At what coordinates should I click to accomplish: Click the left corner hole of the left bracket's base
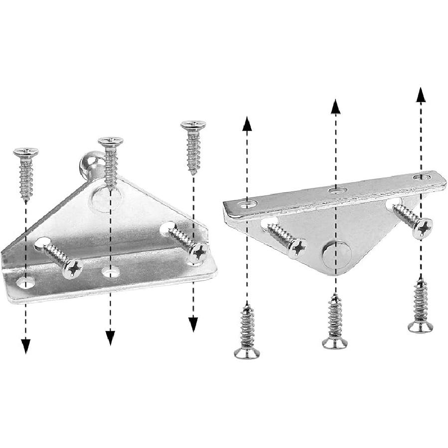point(25,283)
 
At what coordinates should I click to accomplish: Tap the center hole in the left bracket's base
point(111,272)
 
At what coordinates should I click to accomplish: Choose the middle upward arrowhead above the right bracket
point(336,107)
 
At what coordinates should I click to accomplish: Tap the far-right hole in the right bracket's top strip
point(423,176)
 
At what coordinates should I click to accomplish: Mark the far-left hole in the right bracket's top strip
point(247,203)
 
